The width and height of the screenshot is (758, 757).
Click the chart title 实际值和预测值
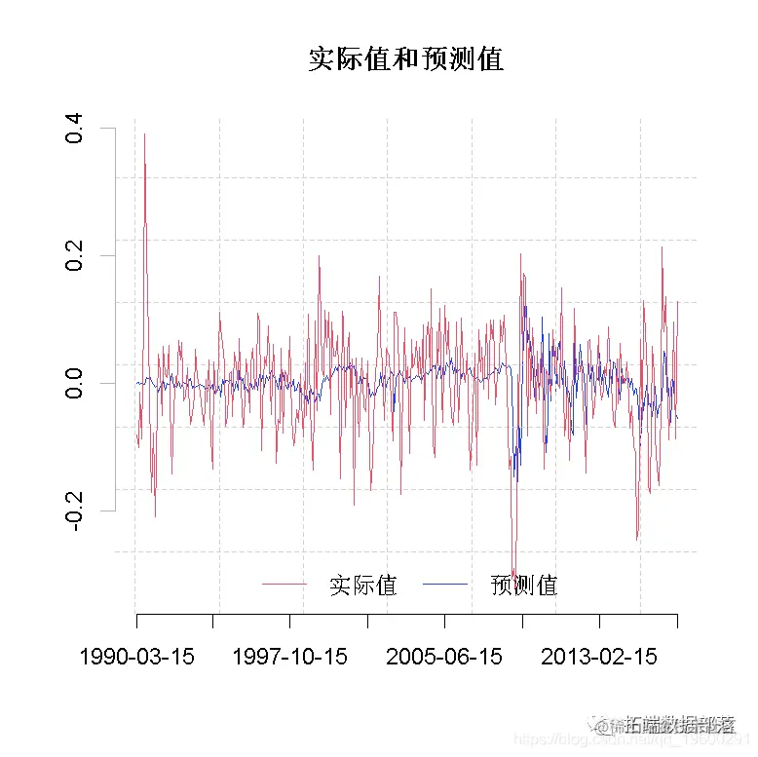405,59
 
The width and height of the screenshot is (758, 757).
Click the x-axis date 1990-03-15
136,657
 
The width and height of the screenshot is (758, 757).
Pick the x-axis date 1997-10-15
289,657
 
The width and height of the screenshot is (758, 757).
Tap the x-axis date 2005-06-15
444,657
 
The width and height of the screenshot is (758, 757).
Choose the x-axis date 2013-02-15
599,657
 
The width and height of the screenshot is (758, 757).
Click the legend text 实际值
362,586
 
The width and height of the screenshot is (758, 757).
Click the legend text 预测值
524,586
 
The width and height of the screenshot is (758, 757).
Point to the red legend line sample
284,585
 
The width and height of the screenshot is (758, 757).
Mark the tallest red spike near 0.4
144,134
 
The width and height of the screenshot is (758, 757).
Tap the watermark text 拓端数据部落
679,725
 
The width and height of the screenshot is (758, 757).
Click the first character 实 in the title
322,59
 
